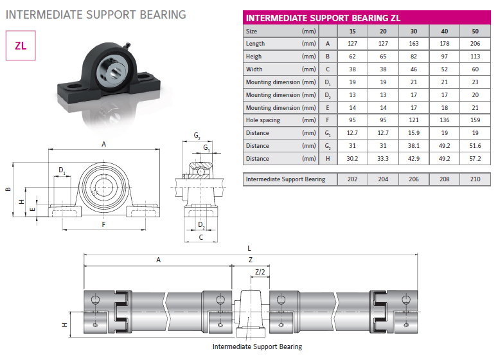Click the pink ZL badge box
(x=20, y=46)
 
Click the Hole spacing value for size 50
(x=475, y=120)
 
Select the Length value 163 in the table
(x=414, y=44)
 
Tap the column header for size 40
(x=445, y=31)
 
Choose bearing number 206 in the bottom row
(x=414, y=179)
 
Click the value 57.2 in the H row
(x=475, y=158)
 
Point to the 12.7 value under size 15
(x=352, y=133)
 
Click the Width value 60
(x=475, y=69)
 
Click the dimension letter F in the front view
(x=103, y=224)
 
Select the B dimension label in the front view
(x=8, y=190)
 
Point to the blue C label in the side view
(x=200, y=237)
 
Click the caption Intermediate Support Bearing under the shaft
(x=257, y=346)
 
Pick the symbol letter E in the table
(x=328, y=107)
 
